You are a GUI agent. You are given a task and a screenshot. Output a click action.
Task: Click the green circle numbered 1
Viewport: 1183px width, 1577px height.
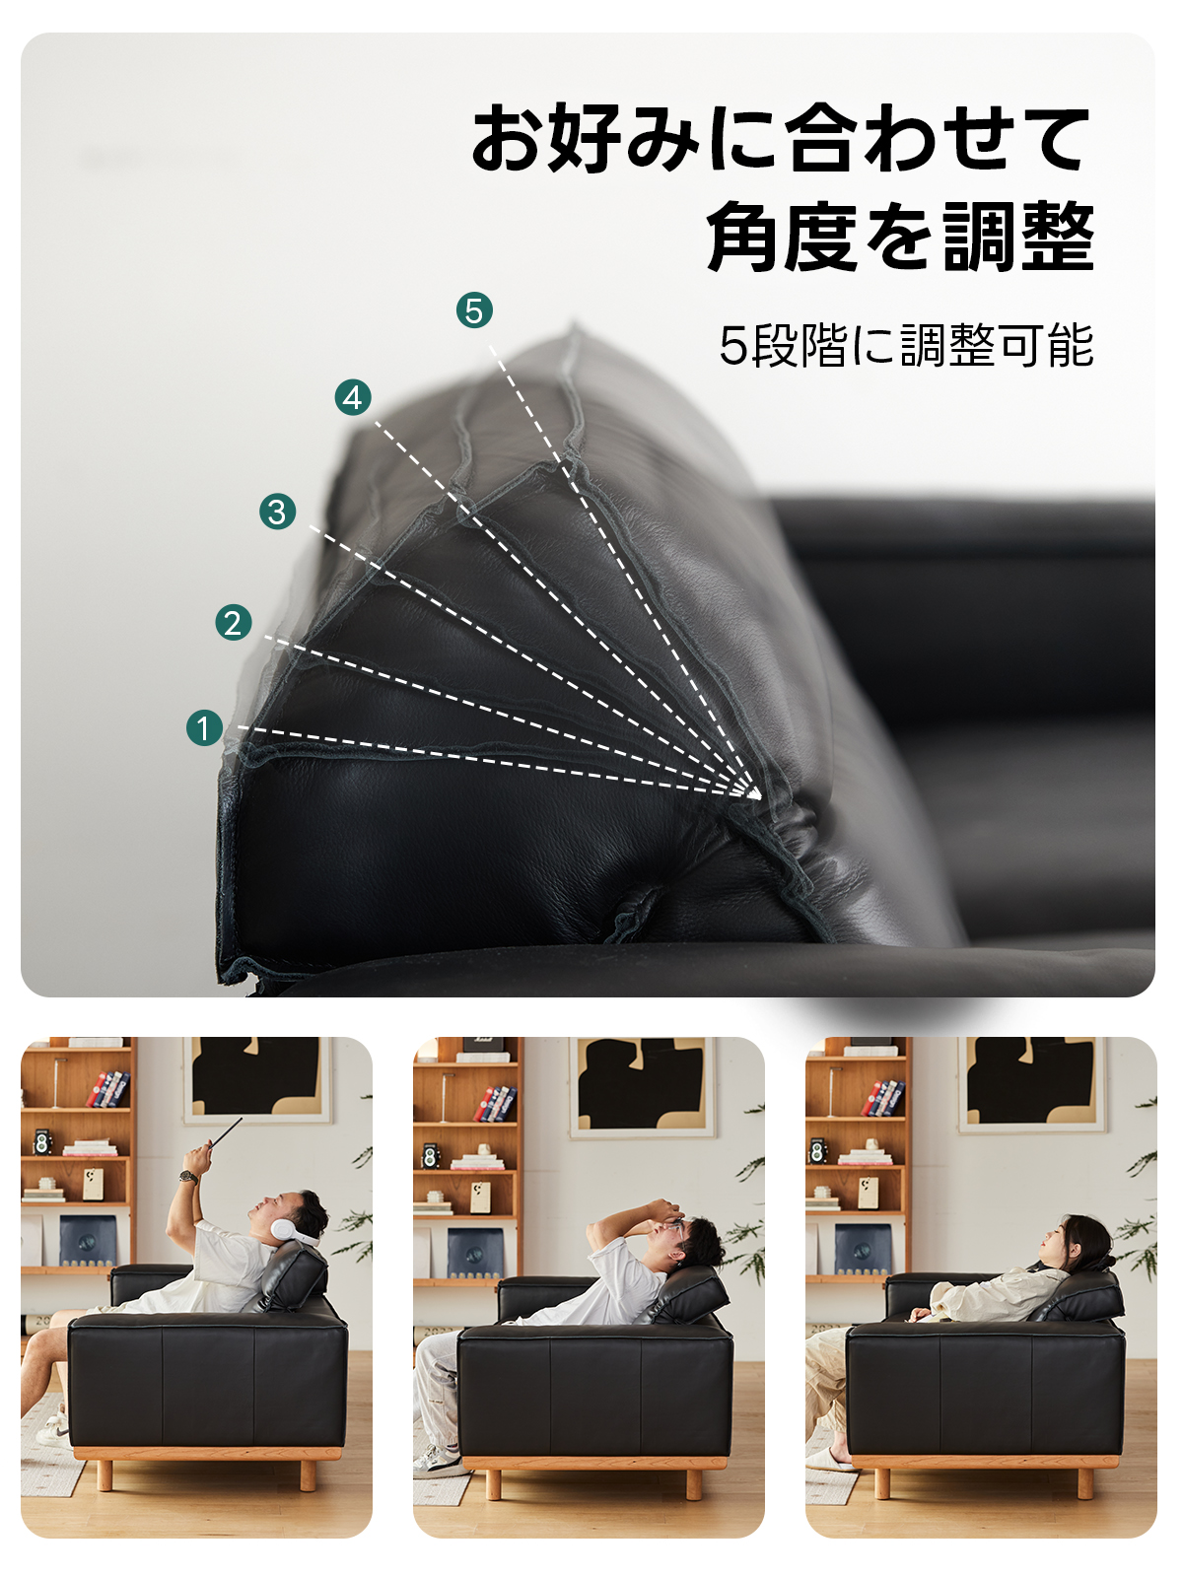click(204, 727)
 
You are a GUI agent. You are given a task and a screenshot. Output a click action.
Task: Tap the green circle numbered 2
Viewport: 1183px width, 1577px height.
click(234, 622)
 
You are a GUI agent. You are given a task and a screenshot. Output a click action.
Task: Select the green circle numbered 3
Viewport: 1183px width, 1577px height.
click(277, 512)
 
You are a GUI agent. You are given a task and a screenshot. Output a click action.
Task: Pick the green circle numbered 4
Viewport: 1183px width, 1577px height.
click(353, 397)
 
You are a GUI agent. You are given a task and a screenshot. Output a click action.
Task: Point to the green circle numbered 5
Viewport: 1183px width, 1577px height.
click(474, 310)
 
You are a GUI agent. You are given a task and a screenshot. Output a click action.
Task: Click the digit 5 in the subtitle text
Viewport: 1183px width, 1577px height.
click(734, 346)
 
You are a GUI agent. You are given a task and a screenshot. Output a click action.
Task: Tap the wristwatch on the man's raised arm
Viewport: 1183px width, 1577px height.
click(188, 1178)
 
